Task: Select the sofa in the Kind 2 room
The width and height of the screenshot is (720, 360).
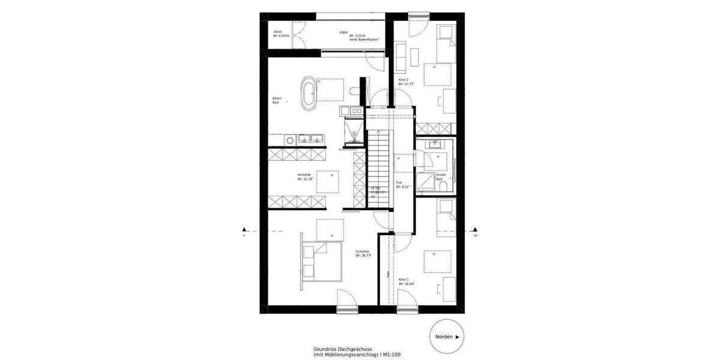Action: click(401, 55)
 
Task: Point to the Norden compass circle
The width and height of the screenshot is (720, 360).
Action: click(447, 338)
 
